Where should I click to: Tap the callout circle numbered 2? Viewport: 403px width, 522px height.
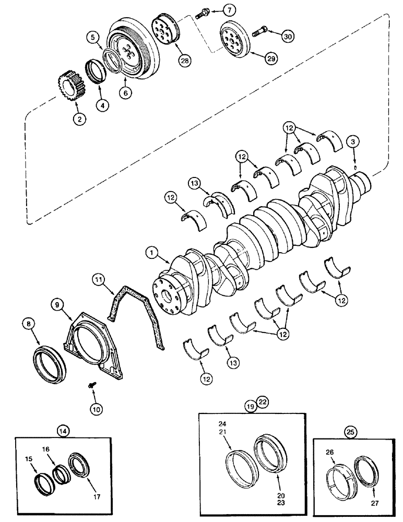(79, 120)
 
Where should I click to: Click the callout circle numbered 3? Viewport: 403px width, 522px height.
(355, 143)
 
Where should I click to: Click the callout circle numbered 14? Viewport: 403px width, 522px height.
(63, 431)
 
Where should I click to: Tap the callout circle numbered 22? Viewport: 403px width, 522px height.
(263, 402)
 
